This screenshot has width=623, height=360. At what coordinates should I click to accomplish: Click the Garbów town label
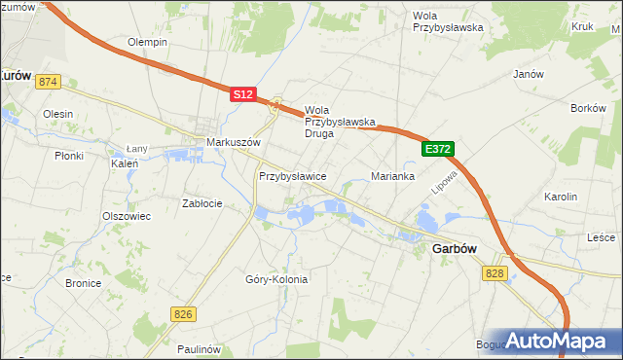454,248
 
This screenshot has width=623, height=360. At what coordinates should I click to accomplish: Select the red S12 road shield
243,94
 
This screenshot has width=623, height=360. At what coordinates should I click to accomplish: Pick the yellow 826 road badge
183,313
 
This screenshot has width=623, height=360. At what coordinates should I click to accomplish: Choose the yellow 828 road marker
495,274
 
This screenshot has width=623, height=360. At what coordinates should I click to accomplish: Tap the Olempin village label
148,43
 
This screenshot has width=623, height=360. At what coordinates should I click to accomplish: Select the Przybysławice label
292,176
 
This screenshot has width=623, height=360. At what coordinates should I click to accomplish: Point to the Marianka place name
393,176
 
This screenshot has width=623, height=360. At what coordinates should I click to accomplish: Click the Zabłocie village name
202,203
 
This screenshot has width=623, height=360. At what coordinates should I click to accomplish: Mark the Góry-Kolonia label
276,279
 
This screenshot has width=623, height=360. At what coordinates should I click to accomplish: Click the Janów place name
527,74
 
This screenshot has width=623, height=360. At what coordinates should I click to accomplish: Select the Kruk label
582,28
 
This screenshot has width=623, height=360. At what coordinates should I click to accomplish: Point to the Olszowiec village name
127,216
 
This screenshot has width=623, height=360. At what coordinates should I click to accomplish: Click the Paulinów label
202,348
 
